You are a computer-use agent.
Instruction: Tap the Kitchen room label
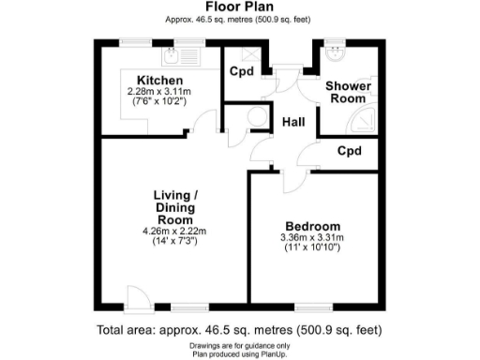click(x=158, y=80)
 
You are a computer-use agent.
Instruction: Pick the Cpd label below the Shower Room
click(x=349, y=151)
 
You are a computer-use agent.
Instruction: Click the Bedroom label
click(x=312, y=227)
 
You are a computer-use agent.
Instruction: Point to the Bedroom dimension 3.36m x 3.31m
click(x=312, y=239)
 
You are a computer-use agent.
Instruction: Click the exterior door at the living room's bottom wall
click(x=138, y=300)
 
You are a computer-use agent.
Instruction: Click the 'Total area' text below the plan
click(x=239, y=330)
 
